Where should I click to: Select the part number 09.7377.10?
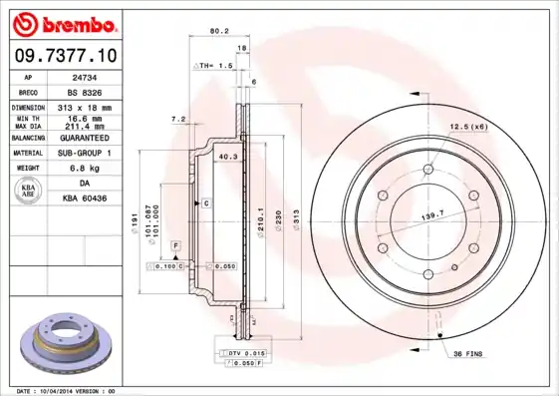64,55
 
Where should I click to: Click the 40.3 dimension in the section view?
227,156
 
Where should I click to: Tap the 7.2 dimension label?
178,119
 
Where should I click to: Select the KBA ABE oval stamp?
30,192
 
